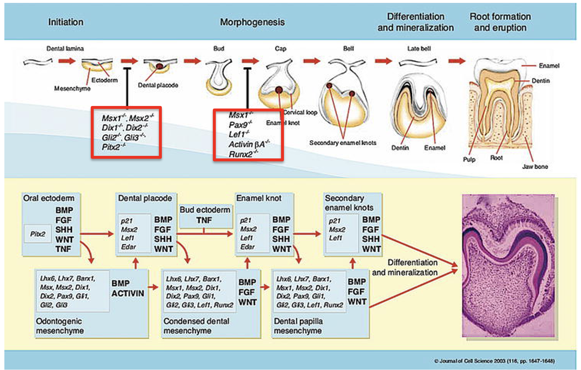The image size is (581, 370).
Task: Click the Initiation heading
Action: (66, 22)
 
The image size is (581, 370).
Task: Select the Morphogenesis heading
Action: (252, 22)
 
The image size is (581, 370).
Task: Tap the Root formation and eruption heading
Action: (500, 22)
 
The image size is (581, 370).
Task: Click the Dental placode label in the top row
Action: (158, 85)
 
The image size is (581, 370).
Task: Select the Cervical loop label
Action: (301, 113)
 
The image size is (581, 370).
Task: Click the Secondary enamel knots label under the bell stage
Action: (343, 143)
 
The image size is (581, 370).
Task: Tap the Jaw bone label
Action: (535, 166)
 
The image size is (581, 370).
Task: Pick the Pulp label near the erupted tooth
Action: (469, 159)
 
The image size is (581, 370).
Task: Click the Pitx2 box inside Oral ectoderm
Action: (38, 234)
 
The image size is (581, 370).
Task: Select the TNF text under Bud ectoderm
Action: (204, 220)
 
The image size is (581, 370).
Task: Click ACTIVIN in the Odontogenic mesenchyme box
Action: (128, 293)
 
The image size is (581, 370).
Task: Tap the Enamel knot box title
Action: (259, 198)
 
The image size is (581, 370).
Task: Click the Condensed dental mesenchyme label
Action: (196, 326)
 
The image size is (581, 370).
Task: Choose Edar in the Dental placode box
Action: (128, 247)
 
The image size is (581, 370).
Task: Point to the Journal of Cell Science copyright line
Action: (494, 361)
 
